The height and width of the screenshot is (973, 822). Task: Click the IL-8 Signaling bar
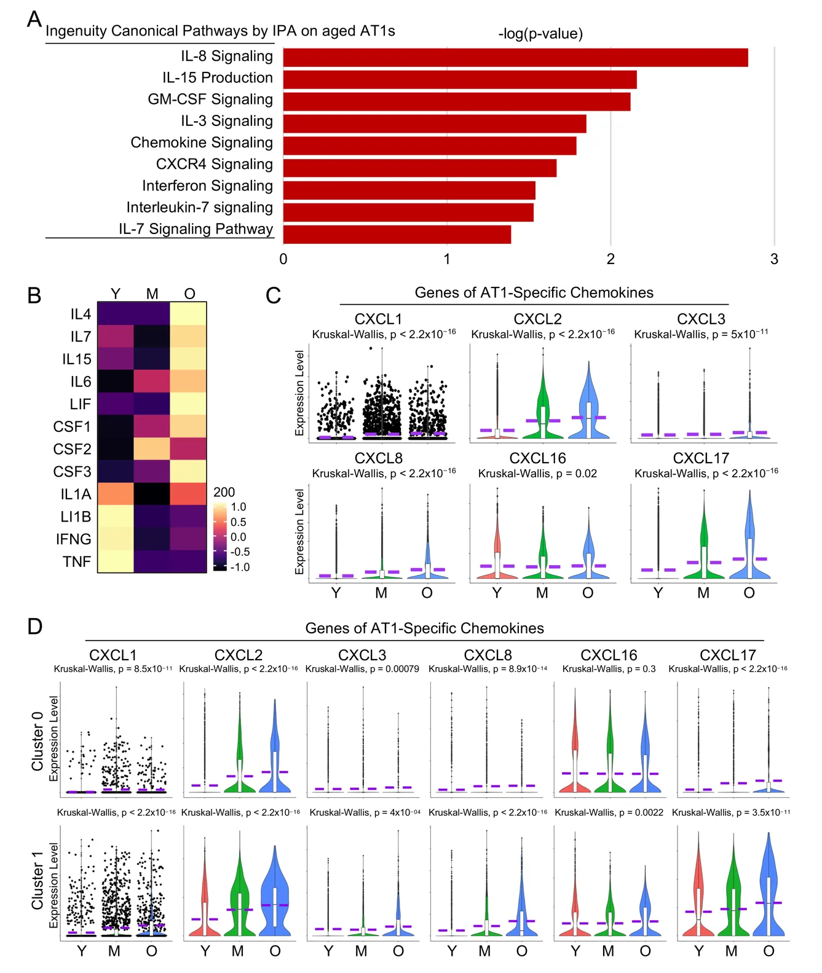coord(515,57)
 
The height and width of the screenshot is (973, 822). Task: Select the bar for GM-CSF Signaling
coord(456,101)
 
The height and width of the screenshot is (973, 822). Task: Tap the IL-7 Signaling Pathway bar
coord(397,234)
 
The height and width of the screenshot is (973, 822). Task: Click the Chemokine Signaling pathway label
coord(201,143)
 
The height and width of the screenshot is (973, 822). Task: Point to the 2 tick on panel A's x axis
coord(611,259)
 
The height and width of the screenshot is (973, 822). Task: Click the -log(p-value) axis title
coord(540,33)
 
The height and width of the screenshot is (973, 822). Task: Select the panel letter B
coord(34,295)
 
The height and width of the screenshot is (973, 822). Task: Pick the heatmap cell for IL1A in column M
coord(152,494)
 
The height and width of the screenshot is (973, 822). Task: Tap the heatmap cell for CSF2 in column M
coord(152,449)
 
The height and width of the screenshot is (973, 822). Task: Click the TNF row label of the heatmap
coord(77,561)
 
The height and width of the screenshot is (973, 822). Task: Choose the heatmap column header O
coord(189,294)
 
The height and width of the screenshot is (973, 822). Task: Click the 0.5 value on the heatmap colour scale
coord(239,522)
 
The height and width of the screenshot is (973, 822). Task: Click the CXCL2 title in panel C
coord(537,319)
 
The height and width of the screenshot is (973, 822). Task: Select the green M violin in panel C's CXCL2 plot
coord(543,408)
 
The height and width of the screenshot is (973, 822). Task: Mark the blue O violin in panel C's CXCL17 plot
coord(749,541)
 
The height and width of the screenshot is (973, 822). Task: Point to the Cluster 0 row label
coord(38,741)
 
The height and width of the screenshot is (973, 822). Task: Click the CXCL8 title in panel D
coord(488,655)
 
